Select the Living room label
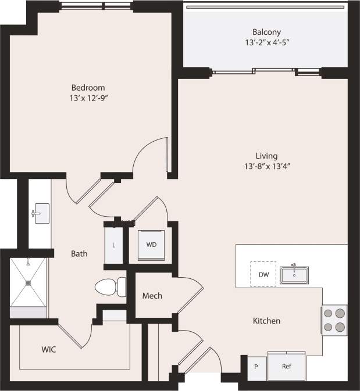266,156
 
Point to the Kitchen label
266,321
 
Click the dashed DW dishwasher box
263,274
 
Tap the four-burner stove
334,320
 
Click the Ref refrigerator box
286,366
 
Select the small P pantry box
256,367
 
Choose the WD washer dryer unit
151,245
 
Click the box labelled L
113,245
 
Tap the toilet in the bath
111,286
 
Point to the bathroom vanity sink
40,213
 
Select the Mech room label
152,296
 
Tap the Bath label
79,253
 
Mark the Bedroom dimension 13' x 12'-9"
90,98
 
